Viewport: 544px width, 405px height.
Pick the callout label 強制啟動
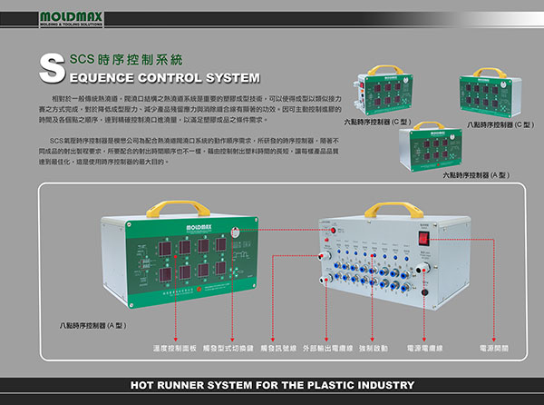coord(374,349)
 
